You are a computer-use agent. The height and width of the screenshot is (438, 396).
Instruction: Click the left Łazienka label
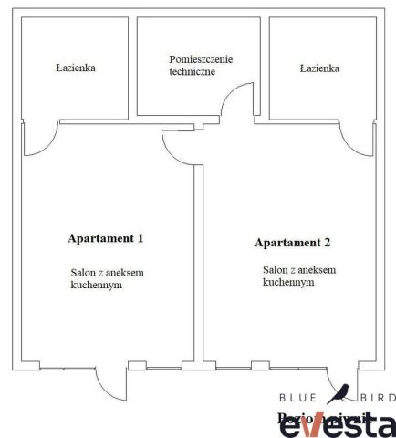click(x=76, y=68)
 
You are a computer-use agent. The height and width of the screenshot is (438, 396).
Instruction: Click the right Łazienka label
click(x=319, y=68)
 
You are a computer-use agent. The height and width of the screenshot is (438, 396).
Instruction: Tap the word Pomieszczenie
click(x=201, y=59)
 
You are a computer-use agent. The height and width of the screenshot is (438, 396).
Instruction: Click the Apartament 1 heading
click(x=106, y=238)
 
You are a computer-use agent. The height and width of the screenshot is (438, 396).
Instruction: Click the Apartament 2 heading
click(x=292, y=243)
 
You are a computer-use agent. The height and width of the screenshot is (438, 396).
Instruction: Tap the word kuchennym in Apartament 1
click(x=97, y=285)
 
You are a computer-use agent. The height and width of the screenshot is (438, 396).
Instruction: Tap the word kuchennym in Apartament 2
click(x=288, y=283)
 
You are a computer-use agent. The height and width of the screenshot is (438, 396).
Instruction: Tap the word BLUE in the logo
click(x=298, y=398)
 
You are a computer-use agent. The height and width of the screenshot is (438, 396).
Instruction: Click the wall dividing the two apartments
click(x=197, y=265)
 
